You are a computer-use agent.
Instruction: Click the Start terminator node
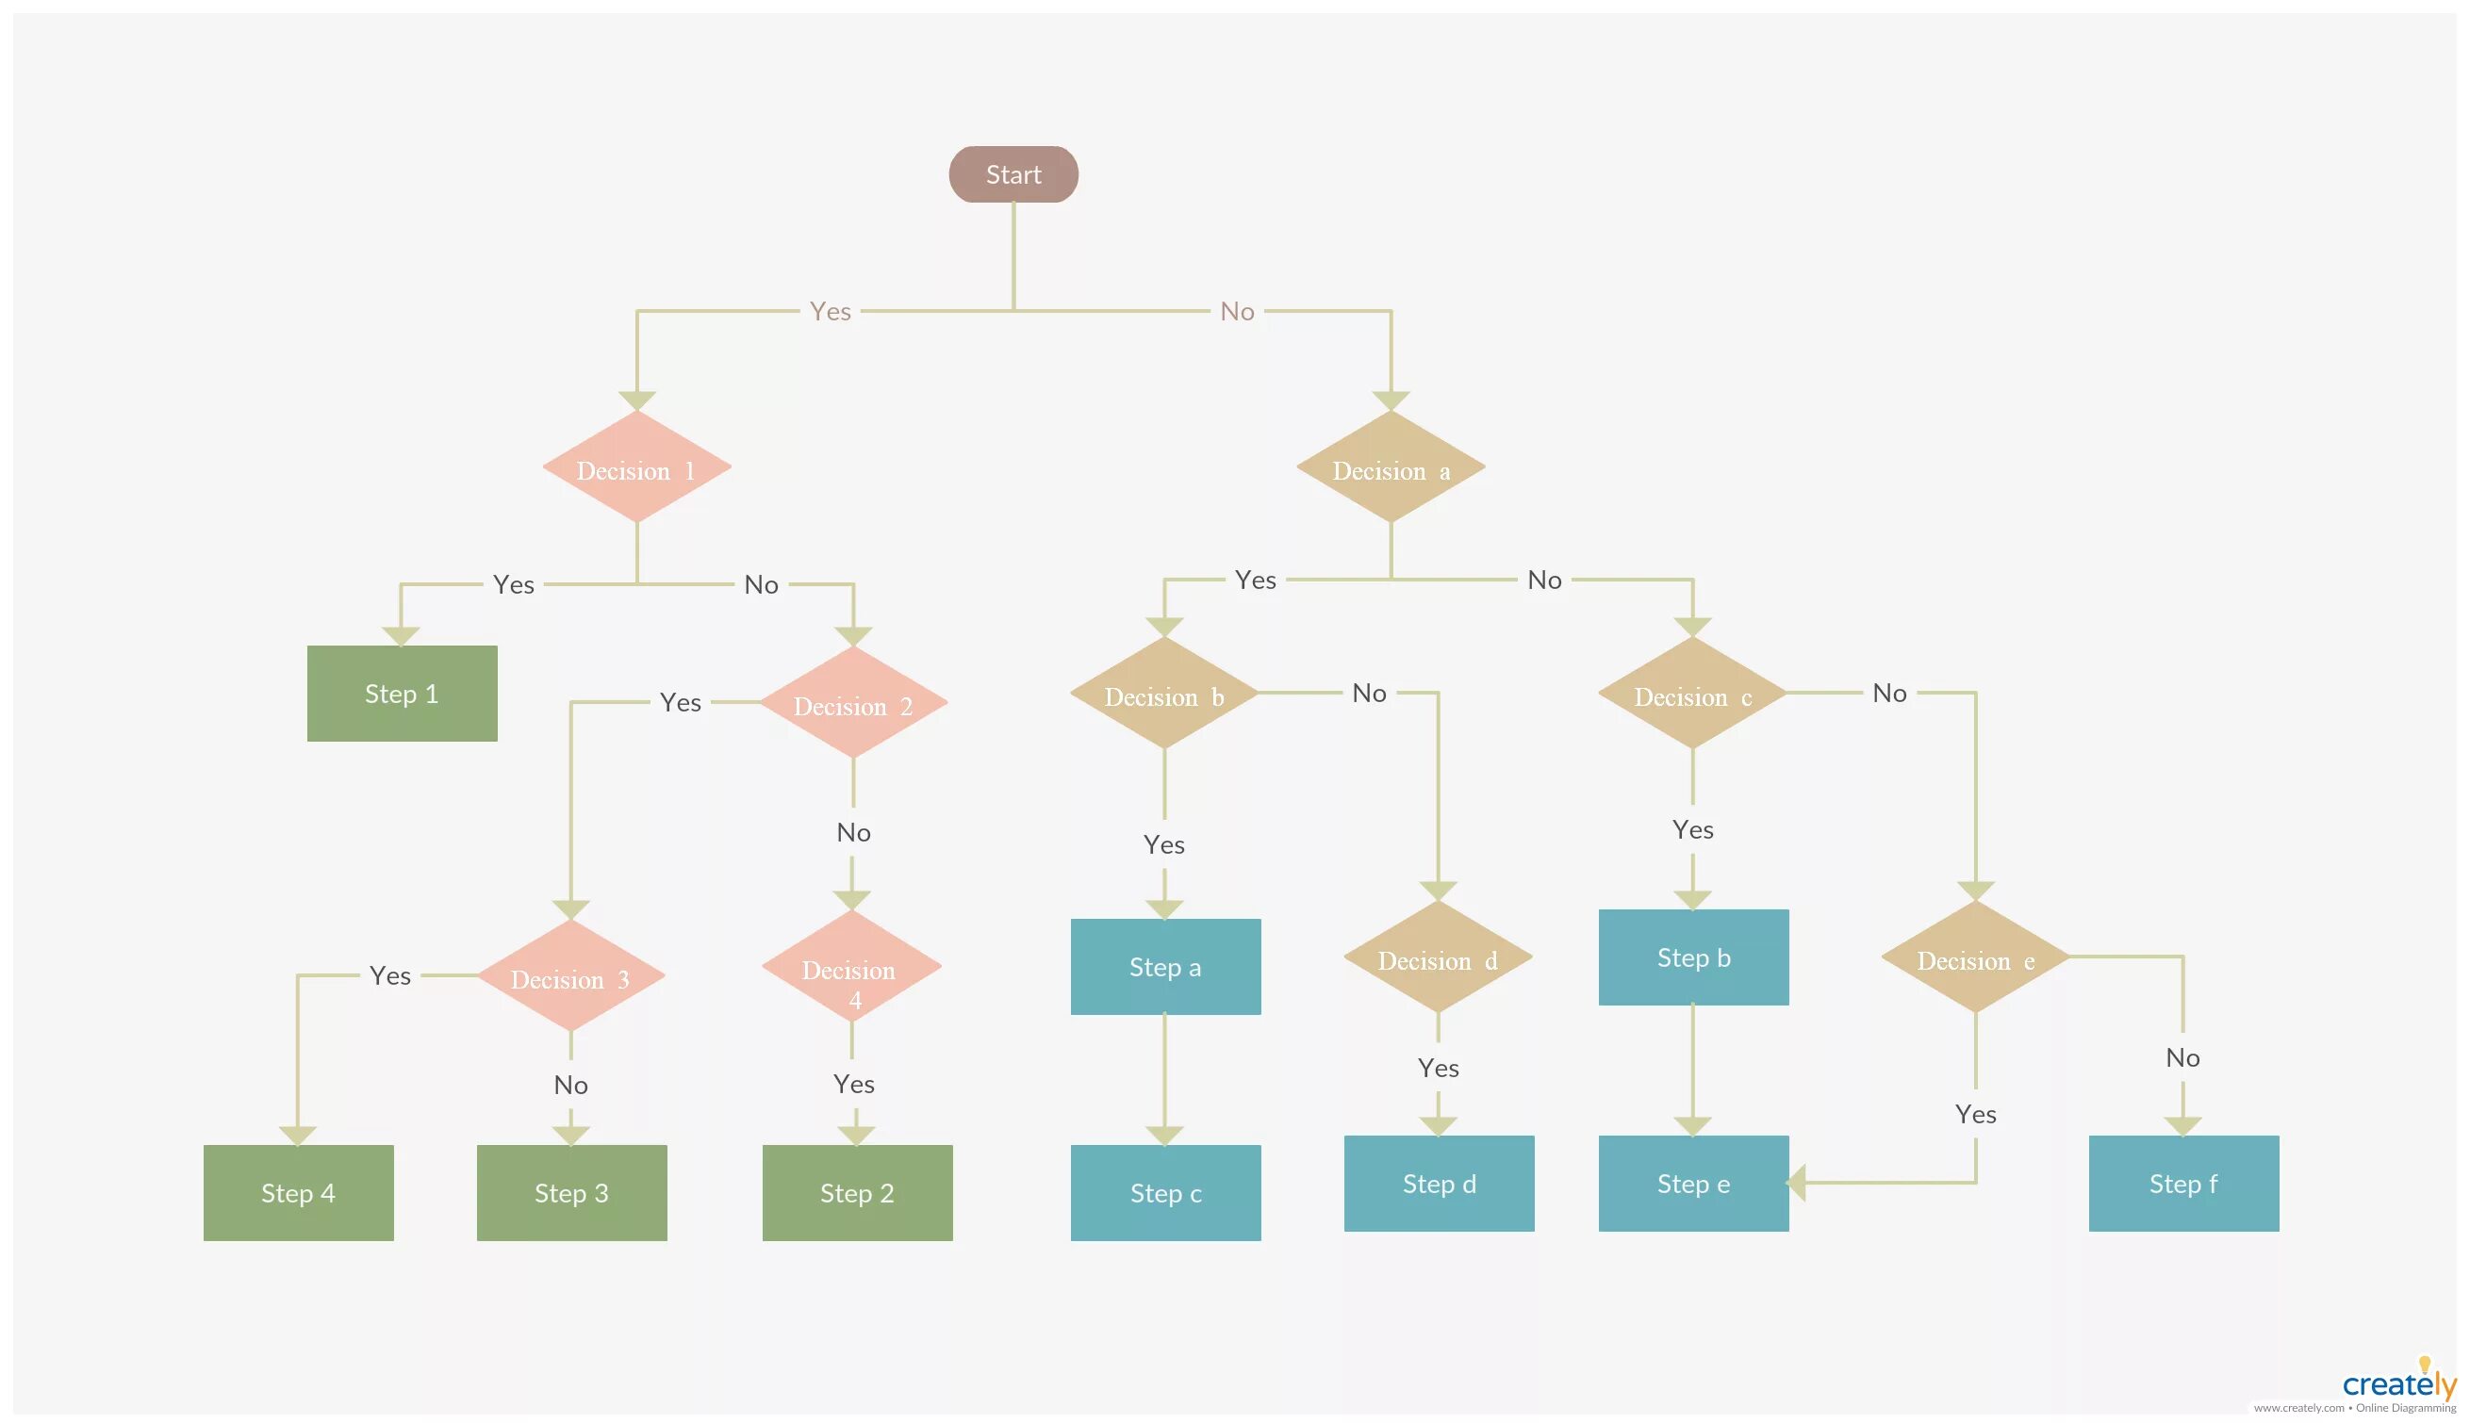click(1013, 175)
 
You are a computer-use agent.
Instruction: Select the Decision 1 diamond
click(636, 468)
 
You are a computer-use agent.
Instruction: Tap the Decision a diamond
click(1390, 468)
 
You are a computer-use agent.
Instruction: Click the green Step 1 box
click(402, 693)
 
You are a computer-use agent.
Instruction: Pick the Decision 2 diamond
click(852, 703)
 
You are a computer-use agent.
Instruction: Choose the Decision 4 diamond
click(850, 969)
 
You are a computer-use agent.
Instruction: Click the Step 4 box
click(298, 1192)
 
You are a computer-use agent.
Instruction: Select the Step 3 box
click(572, 1192)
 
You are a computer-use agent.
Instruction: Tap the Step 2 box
click(856, 1192)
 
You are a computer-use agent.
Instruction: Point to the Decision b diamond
click(1163, 694)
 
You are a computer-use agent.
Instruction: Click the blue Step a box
click(1165, 967)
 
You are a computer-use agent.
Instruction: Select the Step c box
click(1165, 1192)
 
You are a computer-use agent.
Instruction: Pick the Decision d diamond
click(1437, 957)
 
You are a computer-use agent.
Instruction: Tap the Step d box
click(1439, 1183)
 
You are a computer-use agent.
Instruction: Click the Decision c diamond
click(1692, 694)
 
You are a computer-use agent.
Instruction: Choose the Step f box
click(2182, 1183)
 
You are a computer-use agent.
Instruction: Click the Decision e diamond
click(1974, 957)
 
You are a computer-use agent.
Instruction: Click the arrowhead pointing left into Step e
click(1797, 1183)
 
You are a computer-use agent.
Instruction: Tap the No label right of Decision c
click(1888, 693)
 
